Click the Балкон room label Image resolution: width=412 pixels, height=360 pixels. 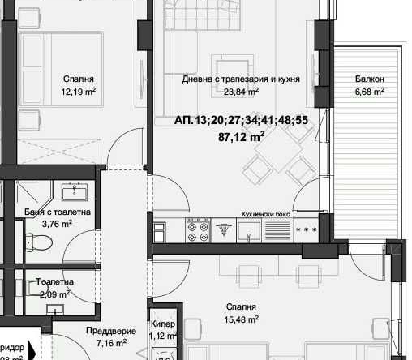click(x=369, y=79)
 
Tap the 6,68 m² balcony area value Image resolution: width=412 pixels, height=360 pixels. click(x=369, y=92)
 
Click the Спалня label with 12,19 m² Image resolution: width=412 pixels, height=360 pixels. click(x=78, y=79)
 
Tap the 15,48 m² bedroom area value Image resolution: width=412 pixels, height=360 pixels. click(x=242, y=320)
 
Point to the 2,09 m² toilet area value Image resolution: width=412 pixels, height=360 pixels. click(x=55, y=294)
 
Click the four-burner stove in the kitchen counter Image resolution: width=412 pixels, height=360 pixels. click(x=198, y=233)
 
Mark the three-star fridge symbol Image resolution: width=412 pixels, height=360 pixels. click(x=306, y=231)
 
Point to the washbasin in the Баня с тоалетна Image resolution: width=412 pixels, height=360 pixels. click(x=80, y=191)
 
